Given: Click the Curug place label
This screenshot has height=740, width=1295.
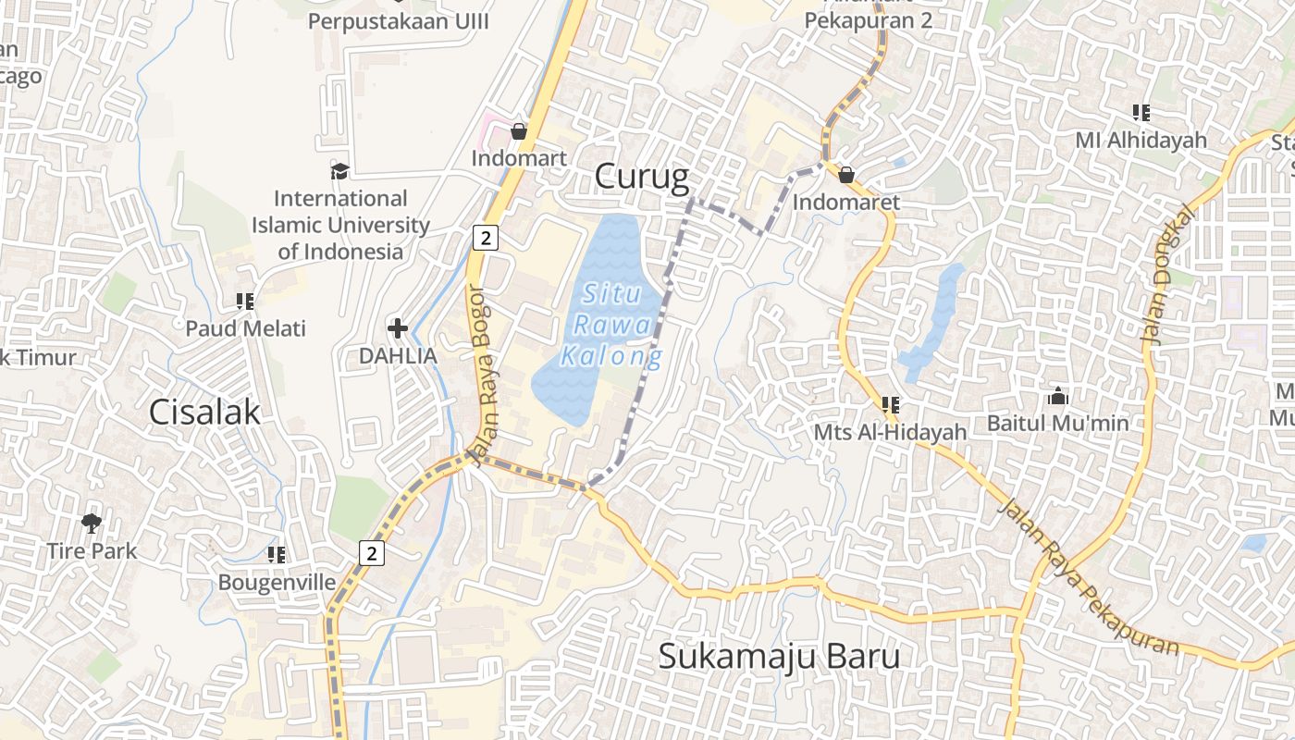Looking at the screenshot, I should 642,176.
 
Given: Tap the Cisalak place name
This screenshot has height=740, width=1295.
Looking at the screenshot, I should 204,413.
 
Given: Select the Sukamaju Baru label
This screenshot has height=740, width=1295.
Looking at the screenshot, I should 779,656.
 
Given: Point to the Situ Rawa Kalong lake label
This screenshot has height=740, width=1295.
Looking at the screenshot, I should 612,325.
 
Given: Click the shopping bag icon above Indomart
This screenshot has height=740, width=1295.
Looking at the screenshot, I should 519,131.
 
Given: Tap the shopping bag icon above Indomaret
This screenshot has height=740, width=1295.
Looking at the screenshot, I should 845,174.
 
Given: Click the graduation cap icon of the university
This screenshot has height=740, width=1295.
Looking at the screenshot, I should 339,171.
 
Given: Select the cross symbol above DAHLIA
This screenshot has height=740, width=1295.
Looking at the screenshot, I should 398,327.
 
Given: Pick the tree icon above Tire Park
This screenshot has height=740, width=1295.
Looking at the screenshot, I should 91,524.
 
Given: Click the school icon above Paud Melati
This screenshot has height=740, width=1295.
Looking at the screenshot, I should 245,301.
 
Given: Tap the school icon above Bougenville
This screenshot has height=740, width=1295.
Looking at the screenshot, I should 277,554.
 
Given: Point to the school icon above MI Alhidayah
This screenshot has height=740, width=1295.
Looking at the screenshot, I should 1141,113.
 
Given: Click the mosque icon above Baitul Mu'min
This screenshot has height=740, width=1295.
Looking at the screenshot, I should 1058,397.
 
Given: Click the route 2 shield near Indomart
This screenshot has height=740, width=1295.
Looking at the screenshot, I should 485,238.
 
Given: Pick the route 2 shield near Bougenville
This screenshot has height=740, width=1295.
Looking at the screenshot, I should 372,553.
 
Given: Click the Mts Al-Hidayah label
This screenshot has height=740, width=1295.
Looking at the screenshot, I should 890,432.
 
